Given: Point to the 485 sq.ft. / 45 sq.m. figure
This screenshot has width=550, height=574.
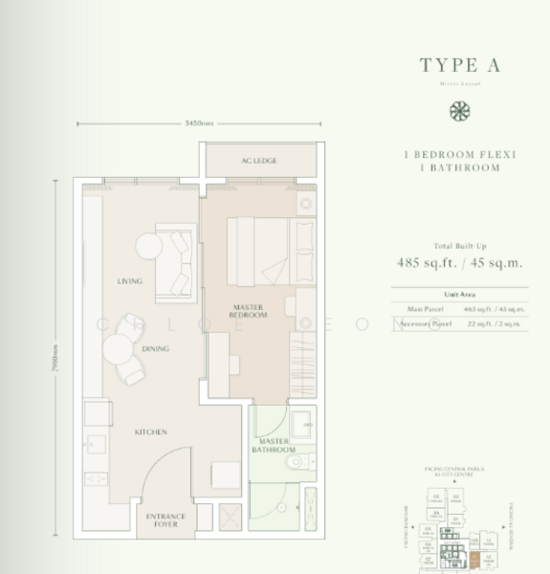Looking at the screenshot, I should tap(460, 264).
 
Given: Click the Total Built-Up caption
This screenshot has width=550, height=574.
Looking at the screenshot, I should tap(460, 246).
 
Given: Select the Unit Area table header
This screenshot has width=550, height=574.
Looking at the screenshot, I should tap(460, 295).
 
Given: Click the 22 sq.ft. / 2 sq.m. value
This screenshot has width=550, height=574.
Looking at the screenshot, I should tap(496, 324).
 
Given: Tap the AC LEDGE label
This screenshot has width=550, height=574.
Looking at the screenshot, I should tap(259, 161).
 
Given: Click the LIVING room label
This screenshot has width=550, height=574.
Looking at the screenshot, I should tap(129, 281).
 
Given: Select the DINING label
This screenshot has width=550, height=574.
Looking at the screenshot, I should tap(155, 349).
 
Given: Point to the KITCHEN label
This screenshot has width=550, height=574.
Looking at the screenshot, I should tap(150, 432).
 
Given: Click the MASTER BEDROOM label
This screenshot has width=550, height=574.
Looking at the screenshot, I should tap(248, 311).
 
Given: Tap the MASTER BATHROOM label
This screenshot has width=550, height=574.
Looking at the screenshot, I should tap(274, 445).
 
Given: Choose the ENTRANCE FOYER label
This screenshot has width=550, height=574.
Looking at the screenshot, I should tap(165, 519).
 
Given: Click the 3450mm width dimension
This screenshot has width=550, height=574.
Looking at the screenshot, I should tap(199, 123).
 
